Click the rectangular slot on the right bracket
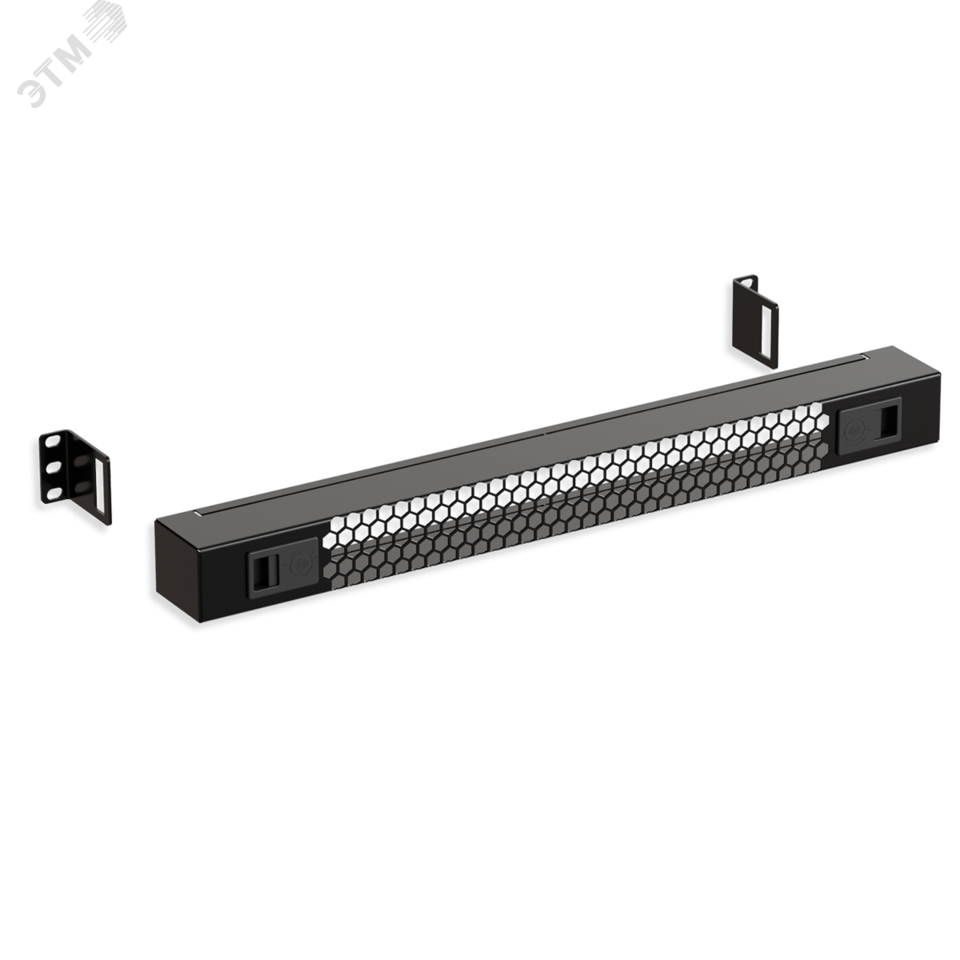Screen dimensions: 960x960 (768, 332)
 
